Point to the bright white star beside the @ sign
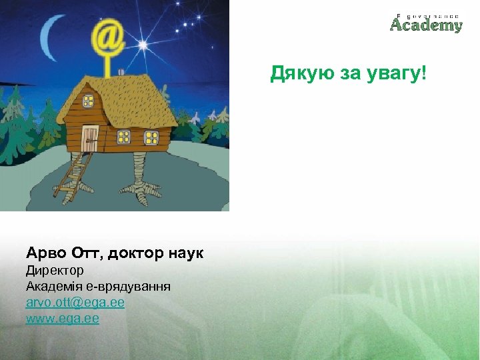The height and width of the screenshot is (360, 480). click(142, 45)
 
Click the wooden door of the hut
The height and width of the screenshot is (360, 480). click(90, 138)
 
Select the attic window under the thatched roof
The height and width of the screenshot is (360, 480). click(88, 101)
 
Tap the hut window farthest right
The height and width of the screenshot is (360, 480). click(151, 137)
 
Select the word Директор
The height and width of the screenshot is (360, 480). click(55, 271)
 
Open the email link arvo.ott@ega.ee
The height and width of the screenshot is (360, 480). click(75, 303)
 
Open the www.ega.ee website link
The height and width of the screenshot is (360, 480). click(63, 319)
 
